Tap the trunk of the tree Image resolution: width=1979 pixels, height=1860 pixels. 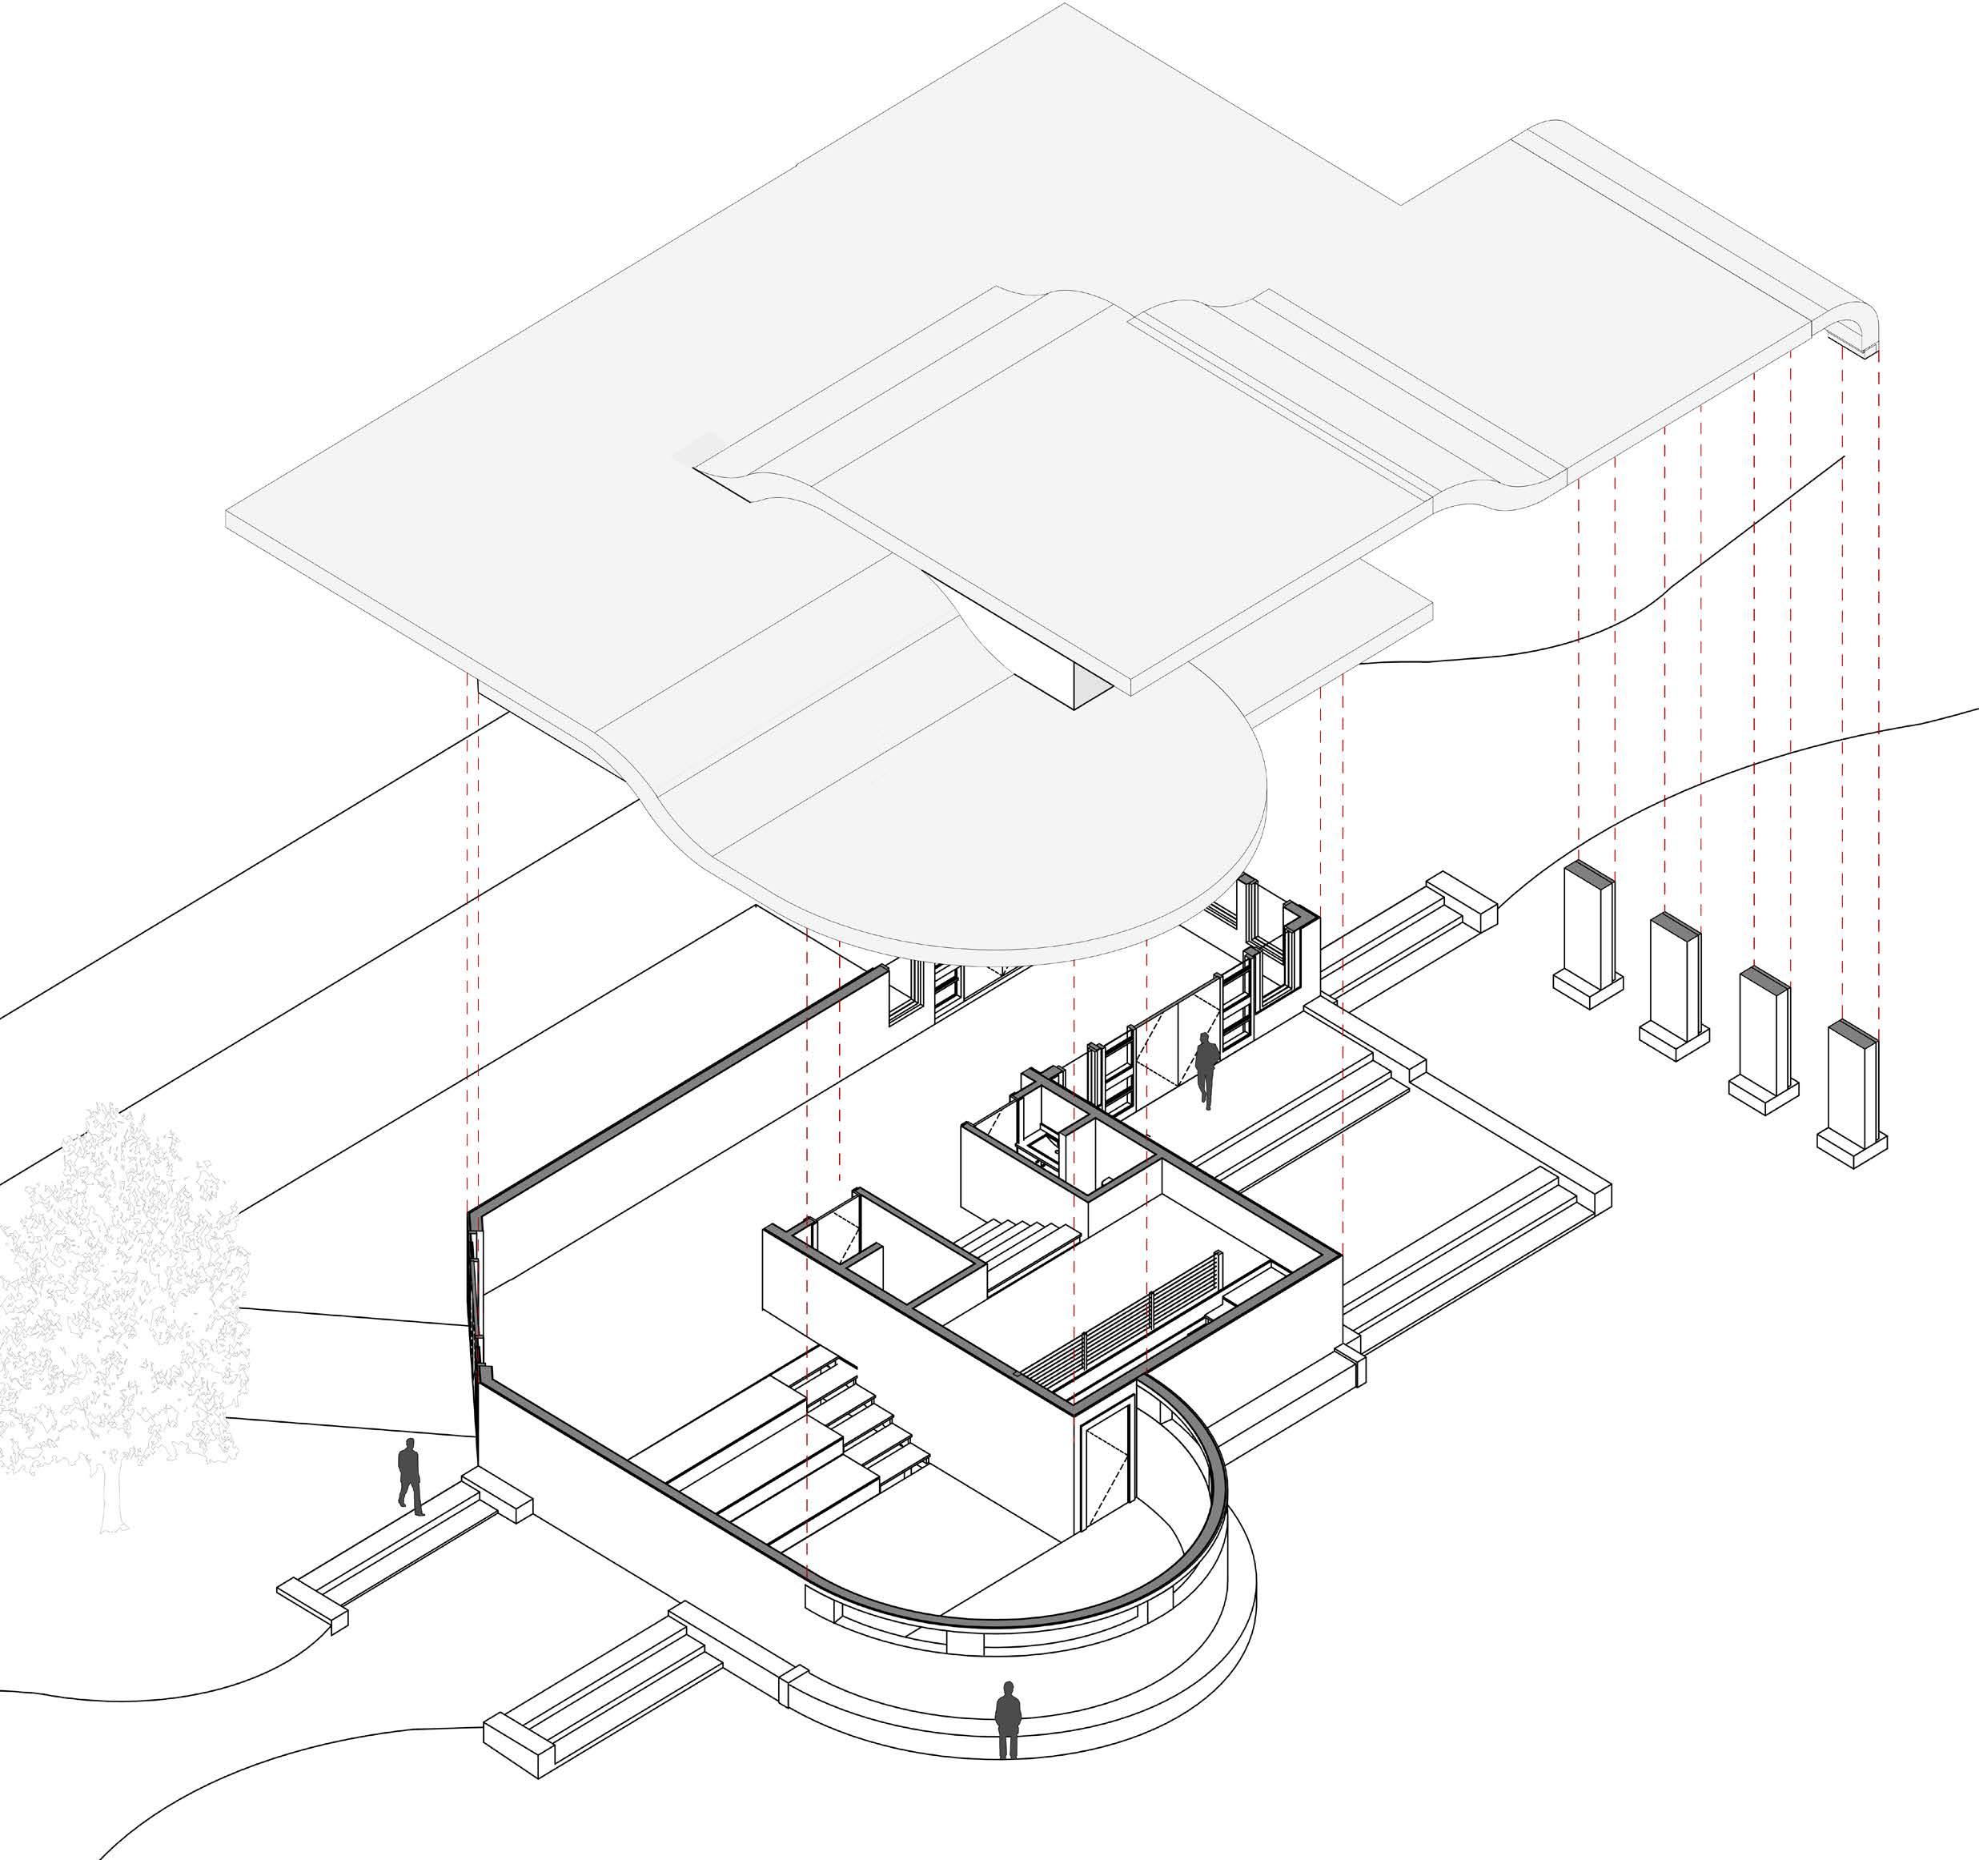pyautogui.click(x=111, y=1493)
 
